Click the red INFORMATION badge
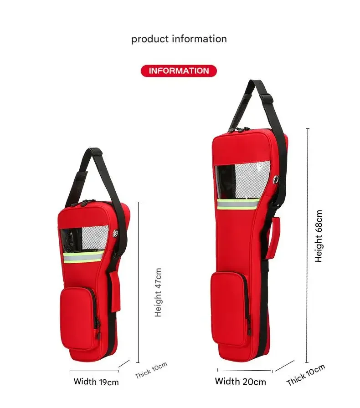tap(179, 71)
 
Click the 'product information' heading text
tap(179, 39)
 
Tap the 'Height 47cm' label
tap(158, 292)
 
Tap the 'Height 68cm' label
tap(319, 236)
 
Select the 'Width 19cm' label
tap(96, 382)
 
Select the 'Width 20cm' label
tap(241, 382)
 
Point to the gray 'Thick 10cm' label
tap(151, 370)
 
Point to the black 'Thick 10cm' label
tap(306, 375)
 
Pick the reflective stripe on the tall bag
tap(238, 204)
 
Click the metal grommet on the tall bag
tap(276, 179)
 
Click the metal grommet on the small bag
tap(115, 234)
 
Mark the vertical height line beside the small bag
tap(138, 282)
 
